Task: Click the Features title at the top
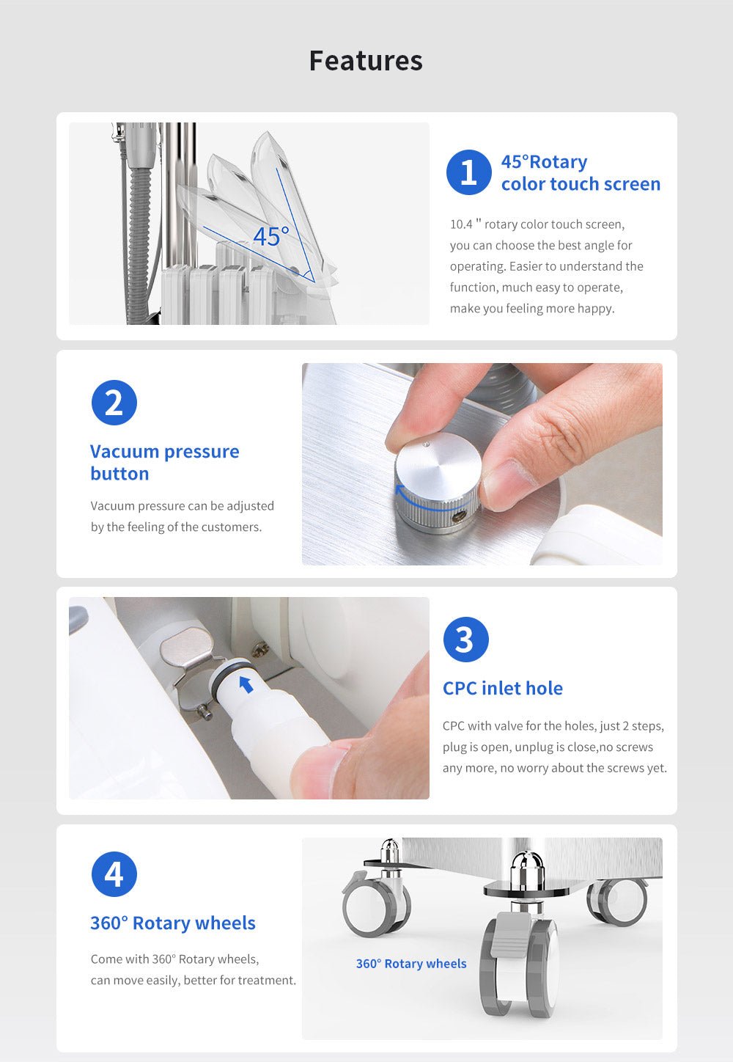pos(366,61)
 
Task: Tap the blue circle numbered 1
pos(468,172)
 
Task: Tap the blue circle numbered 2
pos(114,403)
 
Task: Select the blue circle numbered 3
pos(465,640)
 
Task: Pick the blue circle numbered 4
pos(114,874)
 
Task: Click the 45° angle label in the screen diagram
pos(270,236)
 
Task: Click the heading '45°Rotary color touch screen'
pos(580,173)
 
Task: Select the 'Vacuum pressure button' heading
pos(164,462)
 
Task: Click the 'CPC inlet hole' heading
pos(502,688)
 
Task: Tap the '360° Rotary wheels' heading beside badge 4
pos(172,923)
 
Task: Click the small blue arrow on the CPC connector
pos(246,684)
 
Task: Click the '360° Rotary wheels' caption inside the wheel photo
pos(410,964)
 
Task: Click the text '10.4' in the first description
pos(461,224)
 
